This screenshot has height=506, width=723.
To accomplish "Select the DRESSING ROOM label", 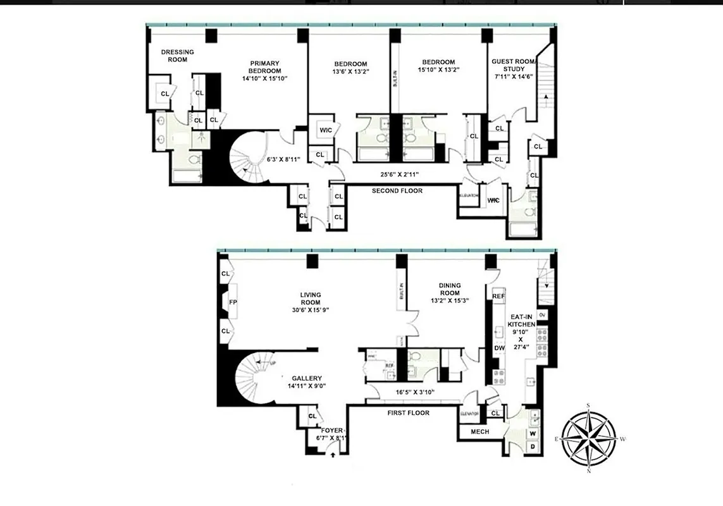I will (177, 56).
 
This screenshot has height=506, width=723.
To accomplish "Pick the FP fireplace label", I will (232, 303).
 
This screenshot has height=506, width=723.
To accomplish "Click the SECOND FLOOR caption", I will (397, 190).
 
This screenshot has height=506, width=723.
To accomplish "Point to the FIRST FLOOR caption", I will (408, 413).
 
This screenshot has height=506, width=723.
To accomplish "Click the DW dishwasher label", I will (498, 348).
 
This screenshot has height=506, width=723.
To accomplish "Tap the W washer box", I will (533, 433).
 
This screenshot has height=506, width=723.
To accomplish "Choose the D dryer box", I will (533, 447).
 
